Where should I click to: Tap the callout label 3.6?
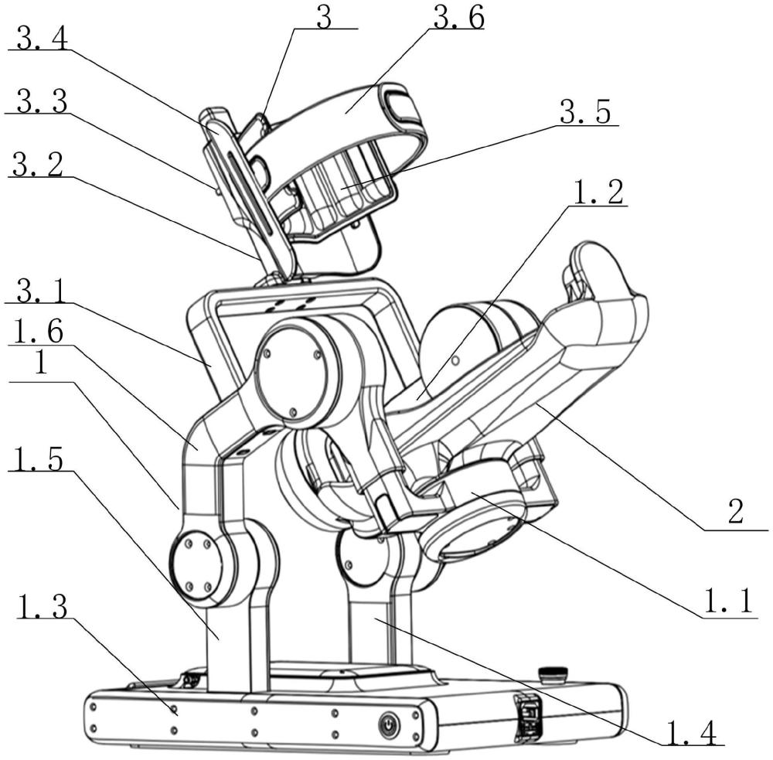click(458, 19)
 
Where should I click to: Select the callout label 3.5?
click(585, 112)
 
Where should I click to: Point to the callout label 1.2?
click(598, 193)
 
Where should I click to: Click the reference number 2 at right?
click(735, 511)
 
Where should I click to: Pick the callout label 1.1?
click(727, 602)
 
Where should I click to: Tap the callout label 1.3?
click(42, 607)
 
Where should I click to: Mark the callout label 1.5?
click(39, 458)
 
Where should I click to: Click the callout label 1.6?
click(39, 332)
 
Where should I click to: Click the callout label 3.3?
click(42, 102)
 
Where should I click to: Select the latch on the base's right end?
click(527, 717)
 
